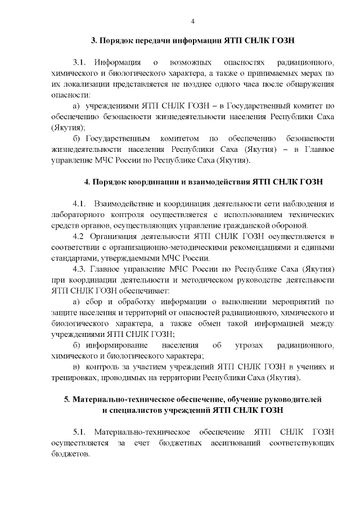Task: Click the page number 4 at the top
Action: point(193,21)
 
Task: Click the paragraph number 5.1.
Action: point(80,431)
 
